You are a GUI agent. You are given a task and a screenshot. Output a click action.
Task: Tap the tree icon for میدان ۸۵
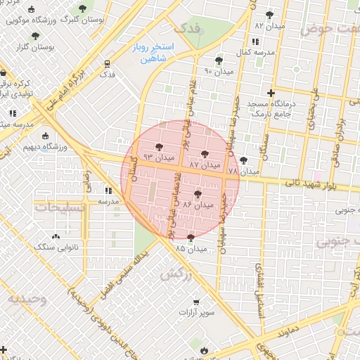[191, 238]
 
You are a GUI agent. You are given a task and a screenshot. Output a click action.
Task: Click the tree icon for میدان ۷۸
[244, 160]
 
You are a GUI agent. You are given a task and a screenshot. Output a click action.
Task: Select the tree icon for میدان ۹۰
[219, 60]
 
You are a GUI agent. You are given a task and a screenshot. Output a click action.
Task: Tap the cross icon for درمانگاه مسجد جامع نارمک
[271, 93]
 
